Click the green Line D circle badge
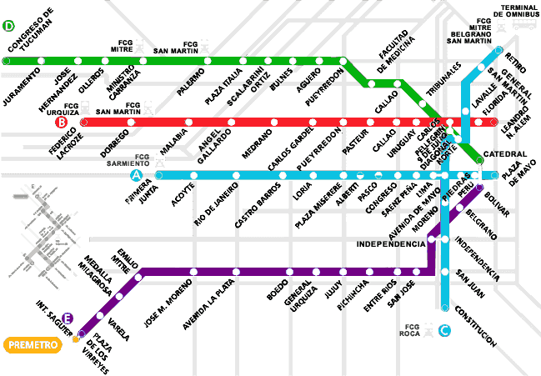[x=9, y=26]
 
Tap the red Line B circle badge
[x=61, y=123]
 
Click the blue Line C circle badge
[x=444, y=331]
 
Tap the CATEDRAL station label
[x=505, y=154]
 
